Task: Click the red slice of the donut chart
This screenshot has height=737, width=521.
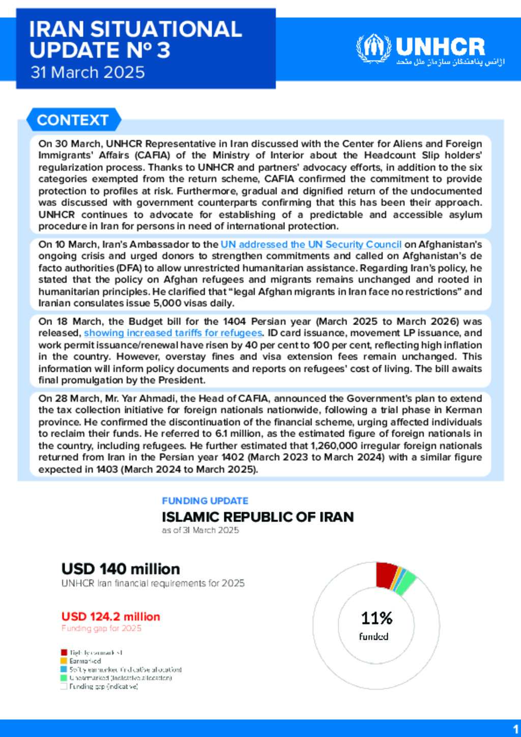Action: pyautogui.click(x=386, y=575)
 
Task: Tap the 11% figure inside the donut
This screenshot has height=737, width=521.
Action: pyautogui.click(x=377, y=618)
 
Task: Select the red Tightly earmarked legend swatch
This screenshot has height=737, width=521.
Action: pyautogui.click(x=64, y=652)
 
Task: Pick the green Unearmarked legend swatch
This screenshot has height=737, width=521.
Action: pyautogui.click(x=64, y=677)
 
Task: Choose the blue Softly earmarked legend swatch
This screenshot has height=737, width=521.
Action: pyautogui.click(x=64, y=669)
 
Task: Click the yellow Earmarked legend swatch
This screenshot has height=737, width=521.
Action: pyautogui.click(x=64, y=661)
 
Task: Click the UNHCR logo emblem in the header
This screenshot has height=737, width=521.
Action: pyautogui.click(x=374, y=48)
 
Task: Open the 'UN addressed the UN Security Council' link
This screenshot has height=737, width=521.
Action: pyautogui.click(x=311, y=245)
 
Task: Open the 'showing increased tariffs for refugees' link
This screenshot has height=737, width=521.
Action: pyautogui.click(x=173, y=333)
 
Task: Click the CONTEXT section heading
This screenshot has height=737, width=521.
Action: pyautogui.click(x=73, y=120)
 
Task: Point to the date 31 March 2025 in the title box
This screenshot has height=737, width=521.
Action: pyautogui.click(x=88, y=72)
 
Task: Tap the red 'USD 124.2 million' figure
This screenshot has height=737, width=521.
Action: pyautogui.click(x=110, y=616)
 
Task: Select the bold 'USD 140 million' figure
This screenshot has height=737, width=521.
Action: pyautogui.click(x=121, y=569)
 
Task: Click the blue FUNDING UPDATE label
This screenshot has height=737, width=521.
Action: pyautogui.click(x=205, y=501)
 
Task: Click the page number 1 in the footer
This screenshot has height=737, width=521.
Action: pyautogui.click(x=516, y=729)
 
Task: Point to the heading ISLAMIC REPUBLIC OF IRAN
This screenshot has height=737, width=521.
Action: pyautogui.click(x=257, y=517)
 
